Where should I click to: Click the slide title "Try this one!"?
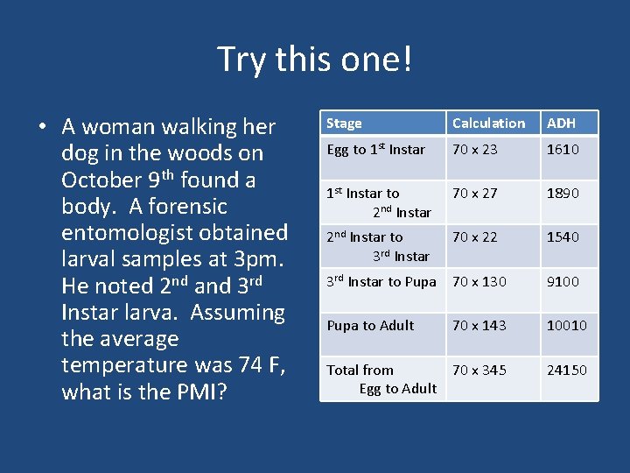coord(314,60)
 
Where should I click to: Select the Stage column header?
coord(344,124)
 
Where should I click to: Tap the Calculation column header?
coord(488,124)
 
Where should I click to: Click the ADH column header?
coord(561,124)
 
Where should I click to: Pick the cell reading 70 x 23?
coord(475,150)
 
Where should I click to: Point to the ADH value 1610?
coord(563,150)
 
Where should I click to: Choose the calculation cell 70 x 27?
coord(475,194)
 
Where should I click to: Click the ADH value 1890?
coord(563,194)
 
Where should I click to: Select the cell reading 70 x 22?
coord(475,237)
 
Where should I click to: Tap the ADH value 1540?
coord(563,237)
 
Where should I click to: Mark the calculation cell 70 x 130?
coord(479,282)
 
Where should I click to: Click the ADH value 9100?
coord(563,282)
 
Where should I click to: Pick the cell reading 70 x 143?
coord(479,326)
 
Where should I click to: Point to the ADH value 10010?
coord(566,326)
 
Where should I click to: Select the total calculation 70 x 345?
coord(479,371)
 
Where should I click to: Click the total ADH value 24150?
coord(566,371)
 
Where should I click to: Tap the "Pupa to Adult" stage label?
coord(370,326)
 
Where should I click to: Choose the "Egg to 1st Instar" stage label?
coord(375,150)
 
